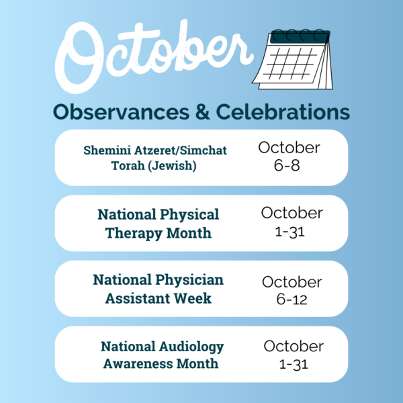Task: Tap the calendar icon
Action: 292,59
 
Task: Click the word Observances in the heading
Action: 121,111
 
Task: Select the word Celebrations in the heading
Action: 283,111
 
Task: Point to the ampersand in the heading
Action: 203,111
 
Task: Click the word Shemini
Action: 107,150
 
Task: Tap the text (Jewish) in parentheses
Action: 172,166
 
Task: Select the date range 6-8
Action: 287,165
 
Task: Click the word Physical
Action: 189,215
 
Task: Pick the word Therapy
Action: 134,233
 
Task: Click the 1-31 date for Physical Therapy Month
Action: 289,232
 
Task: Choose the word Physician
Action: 189,280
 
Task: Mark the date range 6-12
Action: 292,300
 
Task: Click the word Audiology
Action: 191,347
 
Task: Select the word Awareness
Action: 138,363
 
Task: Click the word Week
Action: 192,298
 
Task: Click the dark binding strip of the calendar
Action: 300,37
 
